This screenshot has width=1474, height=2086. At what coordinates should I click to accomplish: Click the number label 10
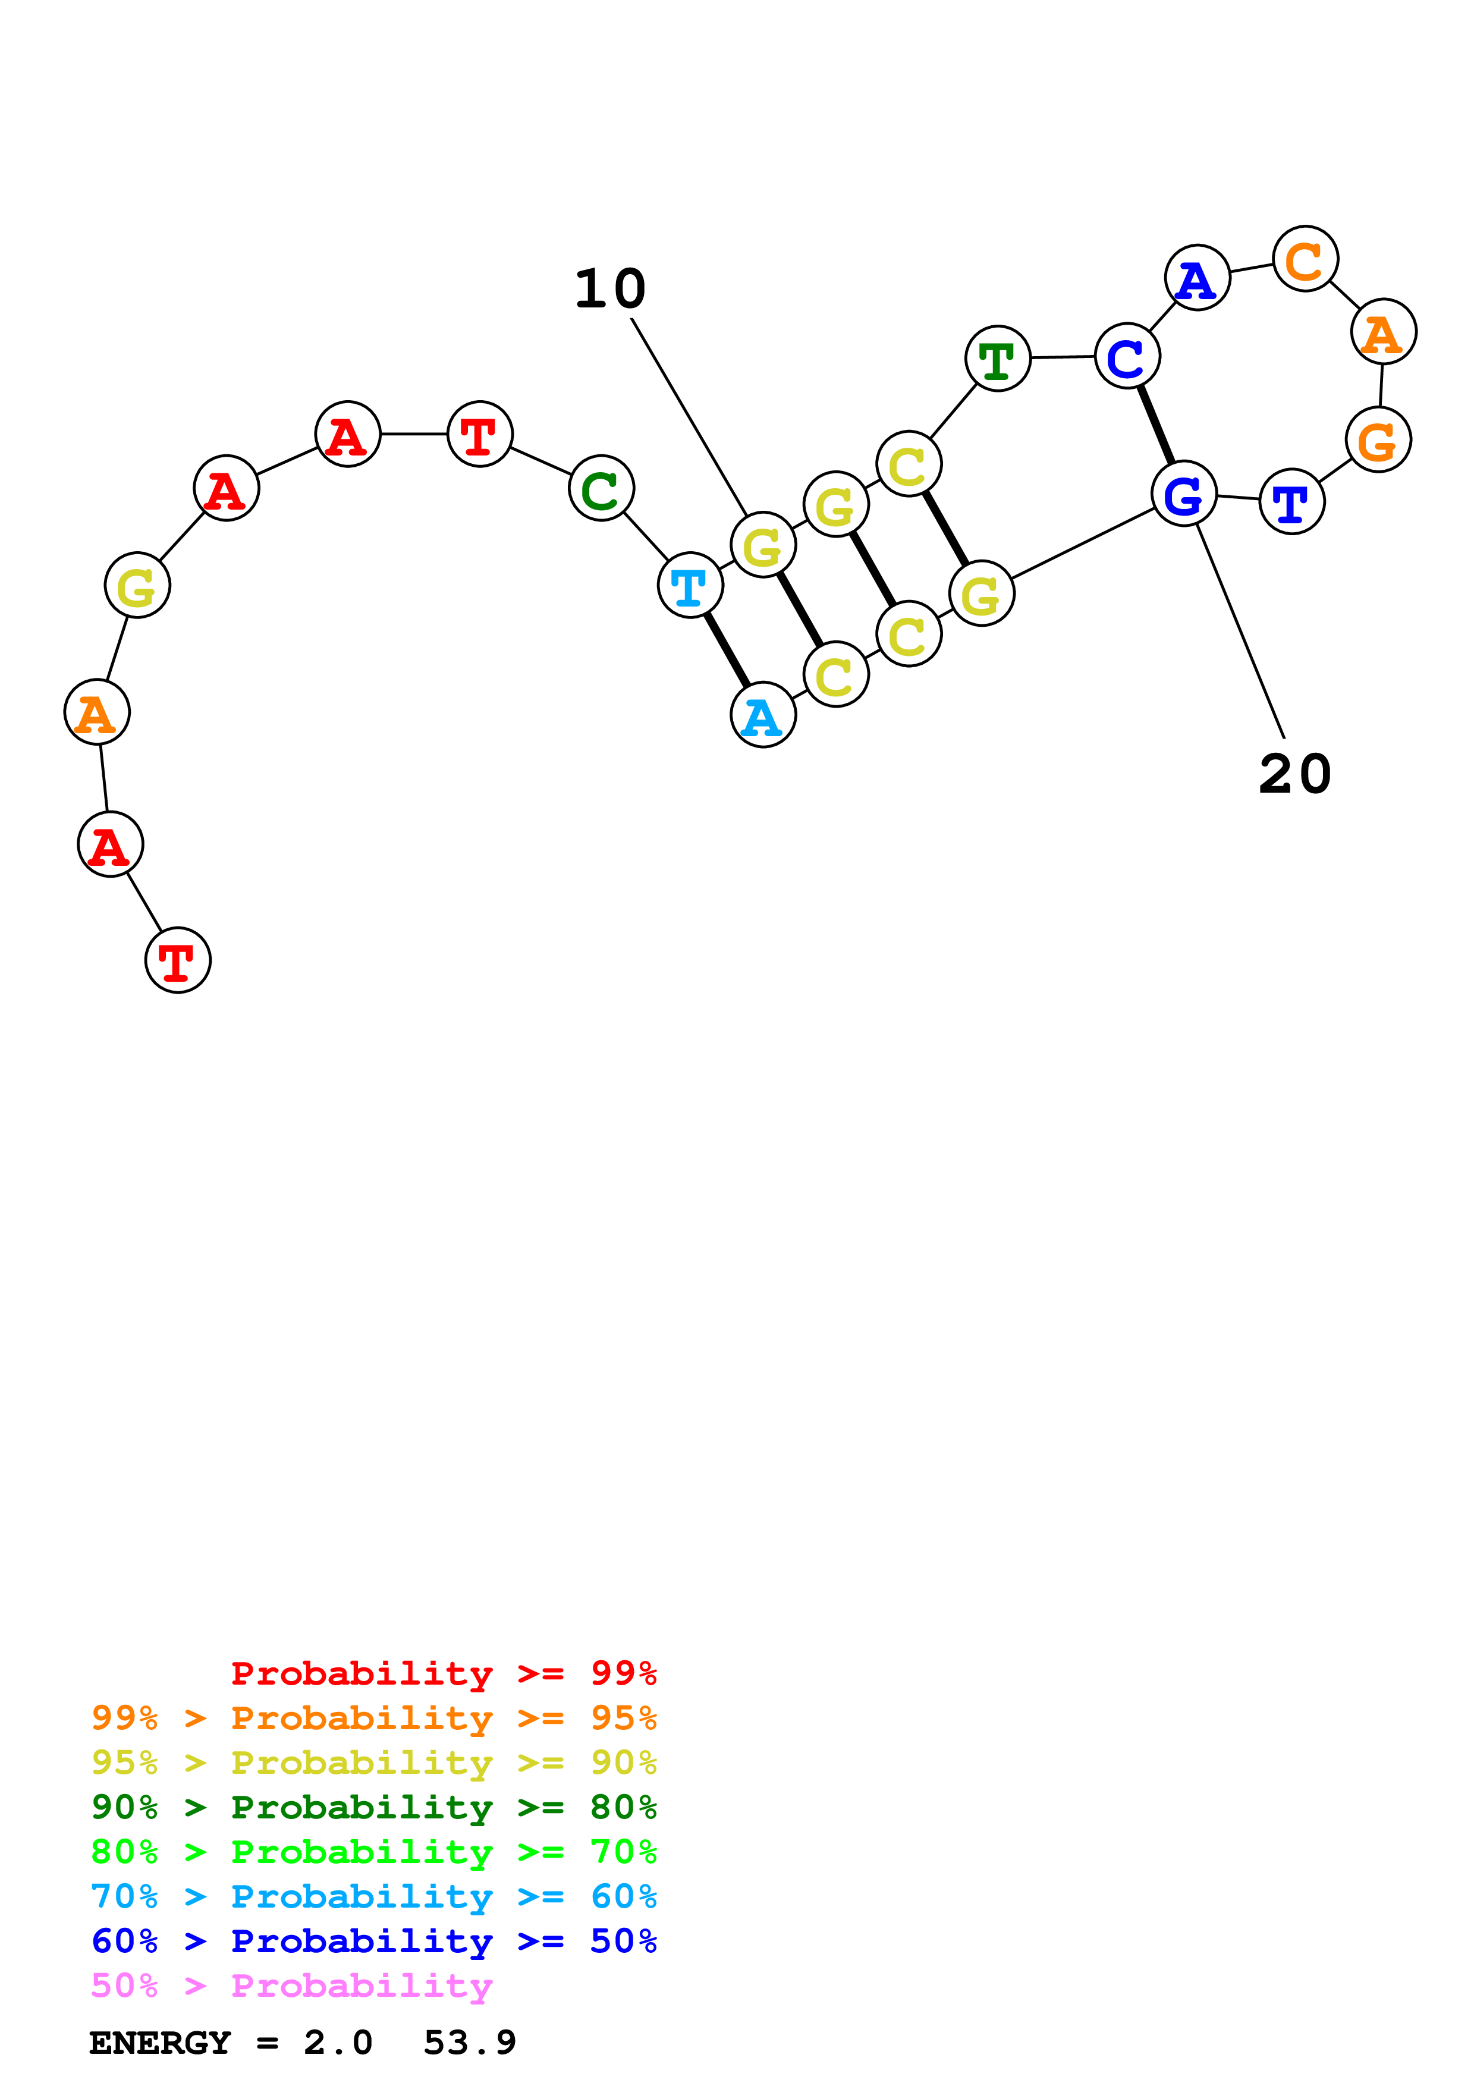[x=609, y=290]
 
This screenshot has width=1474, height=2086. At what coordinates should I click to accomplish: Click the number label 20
[x=1294, y=775]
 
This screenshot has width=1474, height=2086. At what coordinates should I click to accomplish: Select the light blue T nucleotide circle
[x=690, y=585]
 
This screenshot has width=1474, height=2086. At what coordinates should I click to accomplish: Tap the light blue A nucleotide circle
[x=763, y=715]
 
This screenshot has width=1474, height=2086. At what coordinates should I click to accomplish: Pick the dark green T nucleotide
[x=997, y=359]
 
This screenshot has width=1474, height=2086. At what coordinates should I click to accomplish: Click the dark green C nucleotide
[x=601, y=489]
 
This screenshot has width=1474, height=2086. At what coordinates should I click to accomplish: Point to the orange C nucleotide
[x=1305, y=260]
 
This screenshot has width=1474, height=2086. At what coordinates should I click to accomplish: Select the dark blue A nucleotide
[x=1197, y=278]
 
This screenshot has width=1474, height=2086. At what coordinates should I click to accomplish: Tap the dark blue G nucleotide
[x=1183, y=494]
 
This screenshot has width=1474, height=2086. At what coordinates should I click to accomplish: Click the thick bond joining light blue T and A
[x=727, y=651]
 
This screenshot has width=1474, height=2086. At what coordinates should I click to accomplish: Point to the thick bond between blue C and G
[x=1155, y=425]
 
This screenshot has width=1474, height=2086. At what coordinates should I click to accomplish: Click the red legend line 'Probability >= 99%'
[x=443, y=1673]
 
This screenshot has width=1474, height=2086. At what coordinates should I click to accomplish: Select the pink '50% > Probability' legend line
[x=291, y=1986]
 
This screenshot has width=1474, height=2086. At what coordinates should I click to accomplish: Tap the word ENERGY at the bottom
[x=160, y=2043]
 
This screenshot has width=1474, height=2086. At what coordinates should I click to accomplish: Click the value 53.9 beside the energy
[x=470, y=2043]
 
